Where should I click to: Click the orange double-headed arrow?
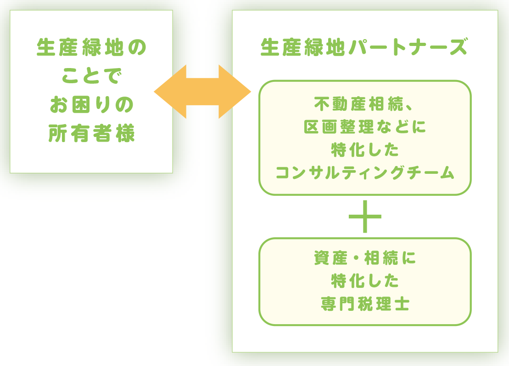pyautogui.click(x=202, y=92)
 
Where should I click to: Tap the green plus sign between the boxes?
pyautogui.click(x=365, y=217)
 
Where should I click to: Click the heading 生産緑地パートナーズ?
pyautogui.click(x=364, y=47)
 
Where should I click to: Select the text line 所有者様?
pyautogui.click(x=91, y=133)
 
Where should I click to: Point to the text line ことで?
pyautogui.click(x=91, y=76)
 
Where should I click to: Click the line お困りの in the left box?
pyautogui.click(x=91, y=105)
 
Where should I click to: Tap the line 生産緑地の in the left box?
pyautogui.click(x=91, y=47)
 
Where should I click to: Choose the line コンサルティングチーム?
pyautogui.click(x=365, y=172)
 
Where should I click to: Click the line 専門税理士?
pyautogui.click(x=365, y=304)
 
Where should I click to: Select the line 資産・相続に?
pyautogui.click(x=365, y=258)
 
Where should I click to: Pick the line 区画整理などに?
pyautogui.click(x=365, y=126)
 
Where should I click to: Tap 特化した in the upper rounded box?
pyautogui.click(x=365, y=149)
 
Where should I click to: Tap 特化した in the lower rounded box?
pyautogui.click(x=365, y=281)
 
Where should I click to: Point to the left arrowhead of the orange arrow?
pyautogui.click(x=170, y=92)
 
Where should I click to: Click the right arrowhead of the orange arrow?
pyautogui.click(x=235, y=92)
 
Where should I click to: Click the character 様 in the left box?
pyautogui.click(x=125, y=133)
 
